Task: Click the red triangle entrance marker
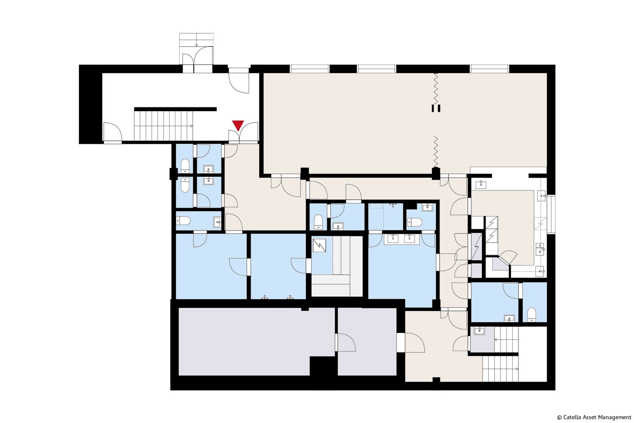coord(238,125)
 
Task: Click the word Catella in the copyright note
coord(573,417)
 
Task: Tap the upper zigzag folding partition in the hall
coord(436,89)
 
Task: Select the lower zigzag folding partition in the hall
coord(436,151)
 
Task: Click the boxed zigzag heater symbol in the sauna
coord(319,245)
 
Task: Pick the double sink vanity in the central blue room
coord(402,239)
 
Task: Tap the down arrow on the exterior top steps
coord(197,42)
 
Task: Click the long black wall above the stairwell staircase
coord(175,109)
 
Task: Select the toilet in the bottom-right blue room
coord(532,314)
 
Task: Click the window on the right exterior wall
coord(551,214)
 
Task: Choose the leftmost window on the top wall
coord(310,69)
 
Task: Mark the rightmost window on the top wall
coord(489,69)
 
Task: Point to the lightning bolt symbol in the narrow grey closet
coord(476,247)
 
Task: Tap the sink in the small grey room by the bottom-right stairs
coord(479,331)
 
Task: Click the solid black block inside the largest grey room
coord(323,366)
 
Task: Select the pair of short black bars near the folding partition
coord(436,108)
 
